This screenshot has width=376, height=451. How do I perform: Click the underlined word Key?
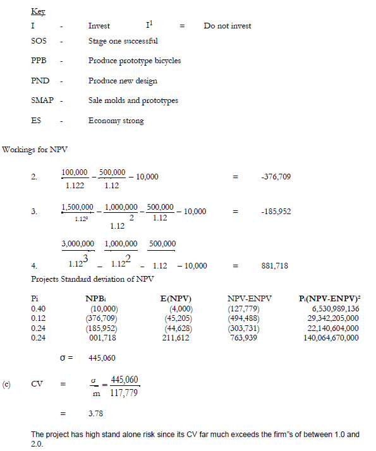coord(37,12)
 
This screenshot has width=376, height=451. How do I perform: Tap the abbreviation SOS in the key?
coord(39,41)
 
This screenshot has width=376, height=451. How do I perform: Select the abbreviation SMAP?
coord(42,100)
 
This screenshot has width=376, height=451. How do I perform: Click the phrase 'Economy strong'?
coord(116,121)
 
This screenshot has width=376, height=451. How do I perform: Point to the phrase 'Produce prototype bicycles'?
coord(135,61)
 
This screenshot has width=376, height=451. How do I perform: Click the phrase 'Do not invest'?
coord(227,26)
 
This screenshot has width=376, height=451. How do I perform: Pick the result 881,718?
coord(274,266)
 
